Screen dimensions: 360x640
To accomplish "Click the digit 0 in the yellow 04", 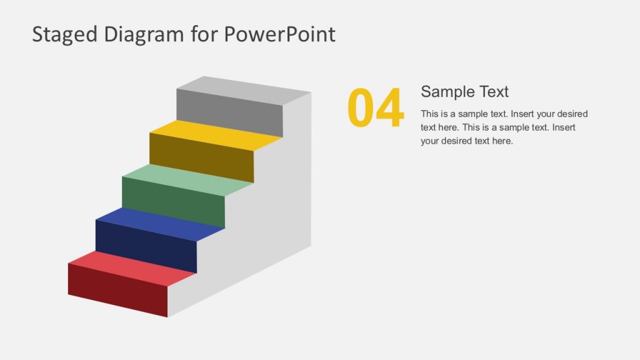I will pos(361,108).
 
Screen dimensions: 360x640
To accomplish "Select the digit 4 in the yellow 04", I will pos(390,108).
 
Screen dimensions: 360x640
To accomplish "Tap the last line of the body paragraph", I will pos(466,141).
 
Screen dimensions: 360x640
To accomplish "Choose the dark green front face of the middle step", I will pos(173,202).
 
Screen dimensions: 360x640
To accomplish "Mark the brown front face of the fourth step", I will pos(201,158).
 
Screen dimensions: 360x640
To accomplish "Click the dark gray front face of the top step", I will pos(229,113).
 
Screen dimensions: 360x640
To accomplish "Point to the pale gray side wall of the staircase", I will pos(275,212).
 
